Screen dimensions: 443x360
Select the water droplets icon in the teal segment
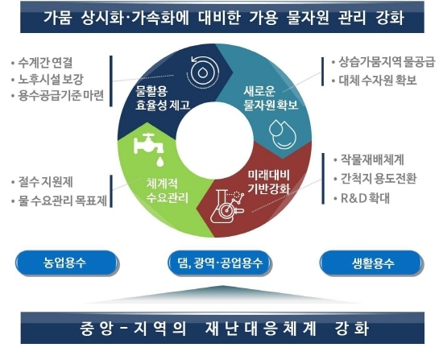point(283,134)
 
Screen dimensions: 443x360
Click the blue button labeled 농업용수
point(66,263)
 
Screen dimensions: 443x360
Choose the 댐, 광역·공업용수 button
point(218,263)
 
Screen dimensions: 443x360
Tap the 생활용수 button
point(371,263)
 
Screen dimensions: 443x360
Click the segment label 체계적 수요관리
point(168,191)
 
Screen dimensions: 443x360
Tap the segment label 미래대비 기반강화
point(269,182)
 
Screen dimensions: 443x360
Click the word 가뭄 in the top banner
point(58,18)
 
